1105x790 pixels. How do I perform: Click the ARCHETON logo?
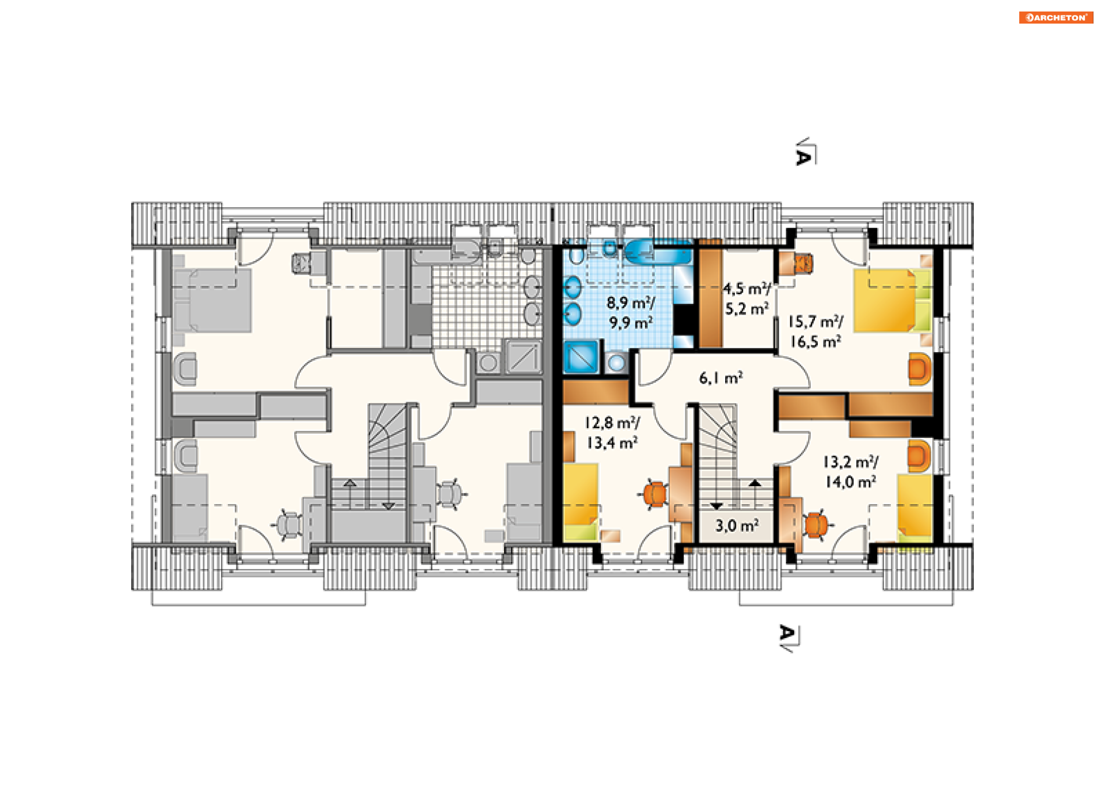coord(1056,17)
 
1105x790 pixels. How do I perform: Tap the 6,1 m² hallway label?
coord(721,378)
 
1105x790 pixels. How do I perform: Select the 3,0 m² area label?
coord(737,525)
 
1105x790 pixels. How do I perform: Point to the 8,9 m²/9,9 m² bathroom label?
coord(631,312)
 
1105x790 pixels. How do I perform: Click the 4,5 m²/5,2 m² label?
coord(747,299)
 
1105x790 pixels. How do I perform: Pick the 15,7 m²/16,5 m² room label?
coord(816,331)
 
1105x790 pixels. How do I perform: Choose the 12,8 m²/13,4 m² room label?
coord(612,433)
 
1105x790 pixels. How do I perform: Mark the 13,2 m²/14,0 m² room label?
coord(851,472)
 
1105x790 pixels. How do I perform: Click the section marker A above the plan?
coord(805,153)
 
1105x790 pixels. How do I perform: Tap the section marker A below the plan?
coord(788,637)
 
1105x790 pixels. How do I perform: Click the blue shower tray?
coord(582,357)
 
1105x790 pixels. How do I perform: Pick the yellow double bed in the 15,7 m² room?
coord(892,300)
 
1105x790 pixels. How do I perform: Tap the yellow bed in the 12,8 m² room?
coord(581,502)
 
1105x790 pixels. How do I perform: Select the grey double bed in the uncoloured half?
coord(212,300)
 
